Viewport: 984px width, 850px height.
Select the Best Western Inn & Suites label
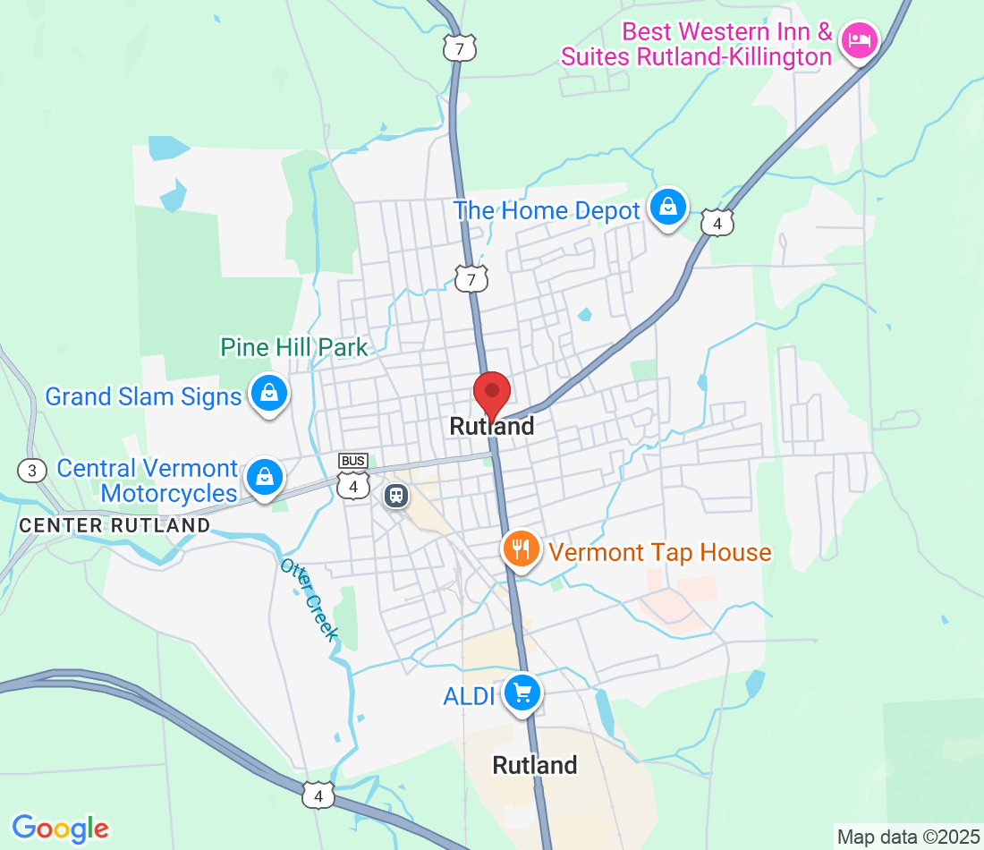coord(696,45)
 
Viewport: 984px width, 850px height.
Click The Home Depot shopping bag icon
coord(667,208)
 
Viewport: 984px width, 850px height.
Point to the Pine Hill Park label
coord(294,347)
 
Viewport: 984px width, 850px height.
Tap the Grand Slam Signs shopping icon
coord(267,393)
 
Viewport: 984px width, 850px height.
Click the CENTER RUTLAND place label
coord(115,525)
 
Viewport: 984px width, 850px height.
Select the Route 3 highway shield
coord(31,470)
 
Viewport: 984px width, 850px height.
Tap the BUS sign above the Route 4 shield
coord(353,461)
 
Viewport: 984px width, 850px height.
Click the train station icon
coord(395,495)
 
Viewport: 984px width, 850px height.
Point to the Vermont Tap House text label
coord(660,552)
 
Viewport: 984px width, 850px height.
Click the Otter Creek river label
coord(310,599)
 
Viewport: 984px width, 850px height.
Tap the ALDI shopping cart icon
coord(522,693)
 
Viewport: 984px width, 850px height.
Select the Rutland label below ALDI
coord(535,765)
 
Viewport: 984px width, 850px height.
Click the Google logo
coord(60,828)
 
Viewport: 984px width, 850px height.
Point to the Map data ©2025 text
coord(908,837)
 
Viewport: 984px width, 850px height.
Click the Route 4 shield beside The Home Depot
coord(717,223)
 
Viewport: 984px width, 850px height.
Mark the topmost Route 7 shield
coord(460,48)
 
